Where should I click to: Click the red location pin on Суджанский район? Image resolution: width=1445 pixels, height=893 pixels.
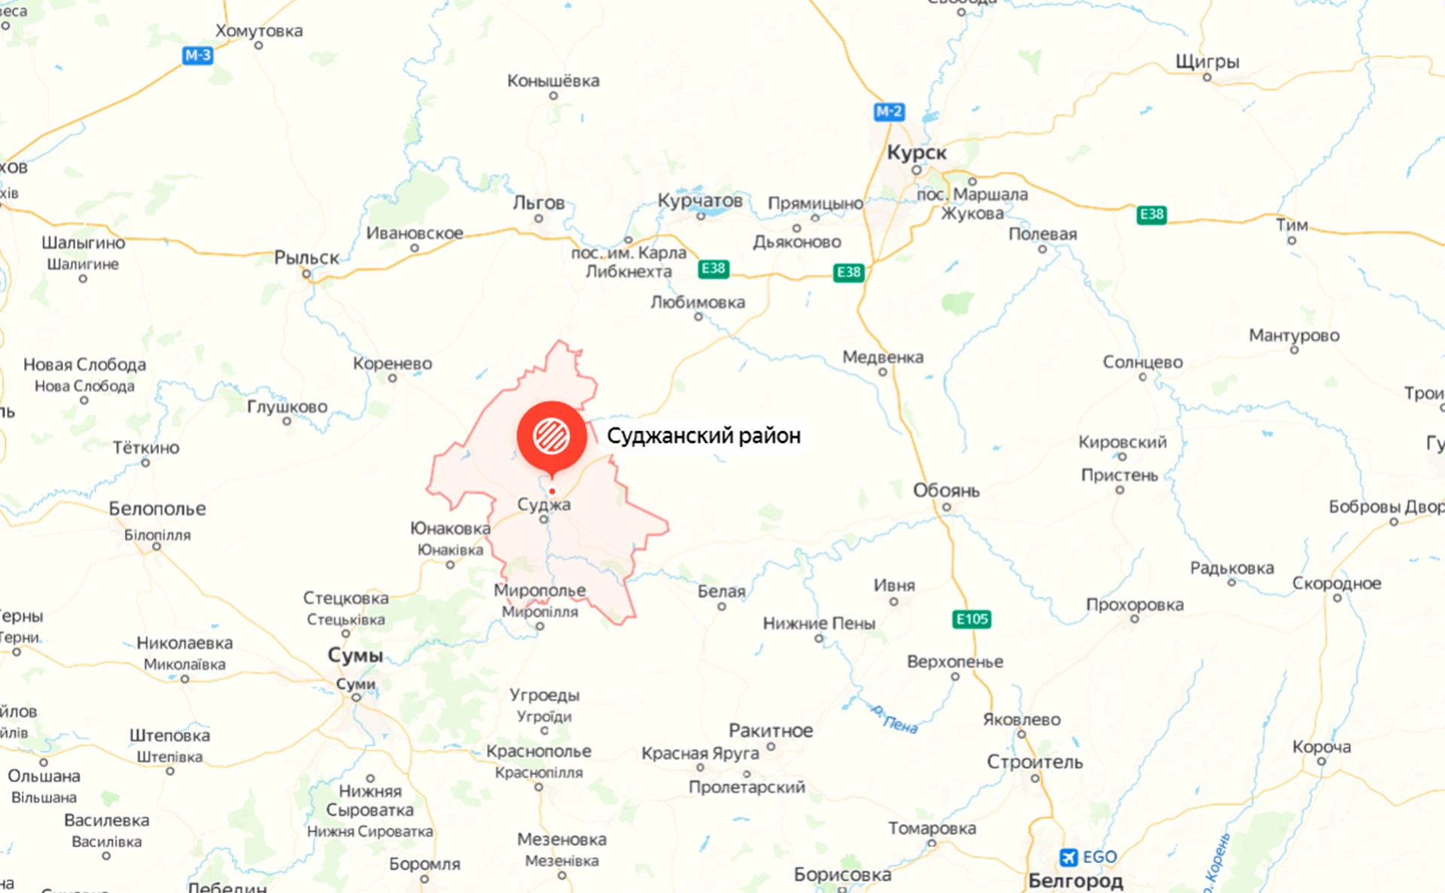point(552,436)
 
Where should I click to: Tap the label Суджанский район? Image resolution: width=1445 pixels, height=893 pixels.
point(703,436)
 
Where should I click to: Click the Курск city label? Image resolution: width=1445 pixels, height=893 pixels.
point(916,153)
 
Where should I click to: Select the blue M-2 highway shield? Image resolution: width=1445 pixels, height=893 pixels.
point(889,112)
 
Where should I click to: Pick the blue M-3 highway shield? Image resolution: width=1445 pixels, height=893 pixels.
point(198,55)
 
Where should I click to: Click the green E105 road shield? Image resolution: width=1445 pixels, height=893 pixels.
point(972,619)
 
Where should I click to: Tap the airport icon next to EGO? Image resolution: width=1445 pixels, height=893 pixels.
point(1068,857)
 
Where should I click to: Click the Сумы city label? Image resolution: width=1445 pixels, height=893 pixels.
point(355,655)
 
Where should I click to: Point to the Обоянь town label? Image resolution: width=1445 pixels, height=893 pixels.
point(946,491)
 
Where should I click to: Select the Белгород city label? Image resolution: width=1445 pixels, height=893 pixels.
point(1075,880)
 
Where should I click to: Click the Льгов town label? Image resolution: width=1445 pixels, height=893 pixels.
point(538,203)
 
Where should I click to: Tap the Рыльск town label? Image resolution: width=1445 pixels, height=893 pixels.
point(306,258)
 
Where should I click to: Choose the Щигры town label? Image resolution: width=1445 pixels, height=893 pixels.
point(1207,62)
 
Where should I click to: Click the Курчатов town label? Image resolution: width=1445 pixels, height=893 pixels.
point(700,201)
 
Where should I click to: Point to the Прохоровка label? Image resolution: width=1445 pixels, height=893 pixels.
point(1134,605)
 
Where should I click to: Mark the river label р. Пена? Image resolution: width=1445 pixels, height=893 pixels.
point(894,718)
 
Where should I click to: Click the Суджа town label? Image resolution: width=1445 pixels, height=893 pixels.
point(543,504)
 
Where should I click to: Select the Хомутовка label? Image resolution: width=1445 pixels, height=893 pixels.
point(259,31)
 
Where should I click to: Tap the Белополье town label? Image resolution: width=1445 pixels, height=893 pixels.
point(157,509)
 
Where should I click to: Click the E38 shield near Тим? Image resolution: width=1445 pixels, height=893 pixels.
point(1151,214)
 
